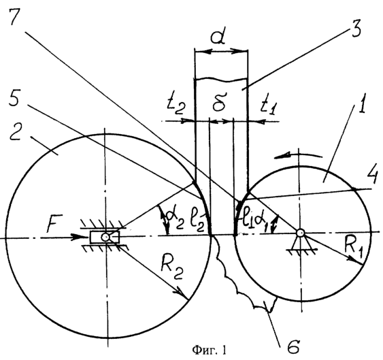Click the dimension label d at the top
pos(218,37)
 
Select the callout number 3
pos(356,28)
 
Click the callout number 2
pos(16,132)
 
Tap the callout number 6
pos(293,346)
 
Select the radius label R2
pos(171,269)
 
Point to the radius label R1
pos(354,245)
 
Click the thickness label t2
pos(176,107)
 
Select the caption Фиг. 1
pos(209,350)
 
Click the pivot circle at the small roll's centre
pos(299,233)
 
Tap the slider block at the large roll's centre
pos(105,237)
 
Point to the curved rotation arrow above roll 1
pos(298,155)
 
